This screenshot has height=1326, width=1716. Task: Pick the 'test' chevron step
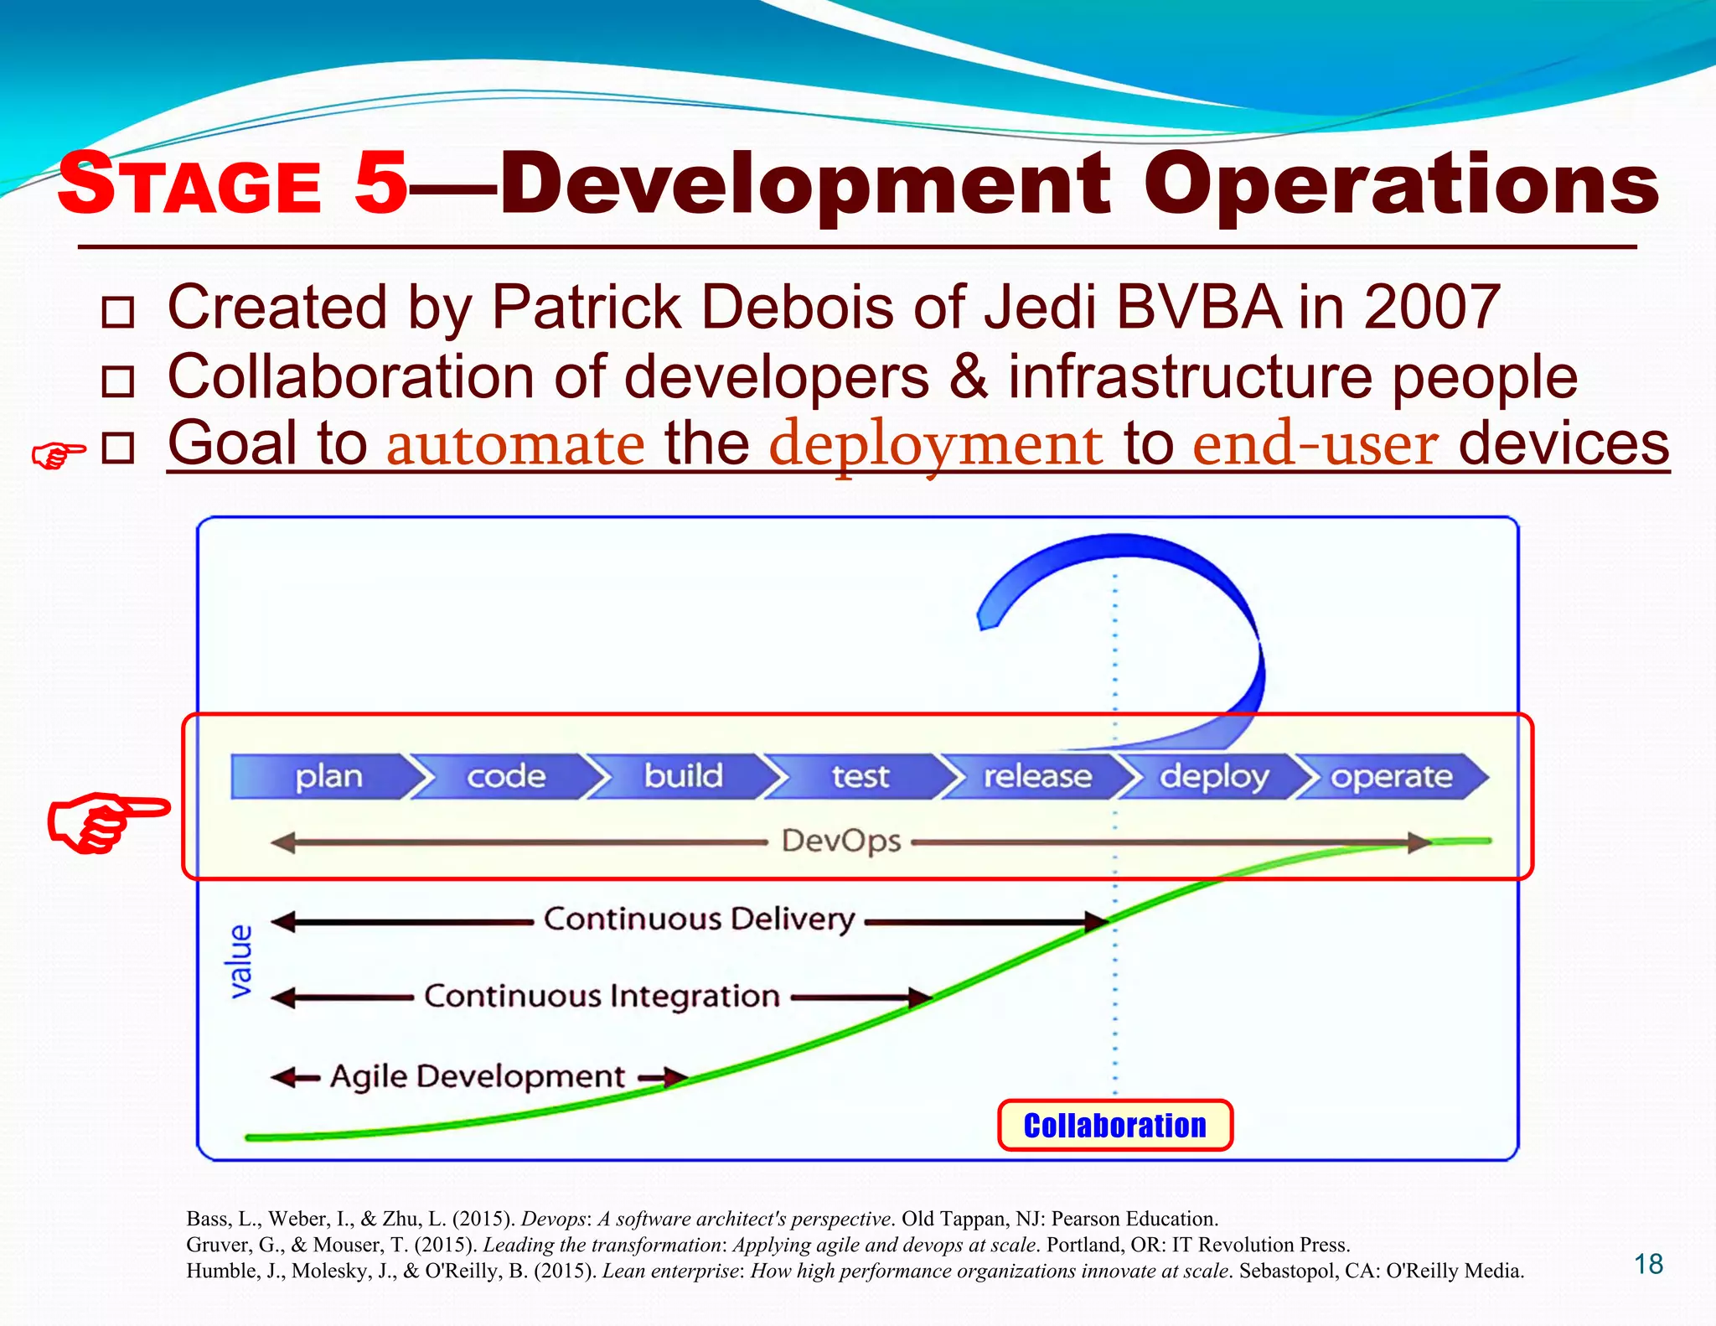[x=860, y=776]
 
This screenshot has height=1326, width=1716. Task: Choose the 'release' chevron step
[x=1036, y=776]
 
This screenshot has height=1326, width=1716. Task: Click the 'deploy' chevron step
[x=1213, y=776]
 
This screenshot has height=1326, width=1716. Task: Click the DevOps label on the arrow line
[x=840, y=841]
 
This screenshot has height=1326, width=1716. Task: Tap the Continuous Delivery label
[x=699, y=919]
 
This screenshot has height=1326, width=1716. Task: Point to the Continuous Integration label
[x=602, y=997]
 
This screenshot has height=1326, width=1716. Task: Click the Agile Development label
[x=478, y=1076]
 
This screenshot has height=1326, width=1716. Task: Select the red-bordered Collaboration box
[x=1114, y=1126]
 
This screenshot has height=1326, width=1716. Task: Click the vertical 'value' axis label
[x=240, y=961]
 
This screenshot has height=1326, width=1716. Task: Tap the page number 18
[x=1648, y=1264]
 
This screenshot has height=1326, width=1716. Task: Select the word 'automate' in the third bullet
[x=515, y=444]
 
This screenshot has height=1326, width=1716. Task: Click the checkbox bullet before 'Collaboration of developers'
[x=117, y=381]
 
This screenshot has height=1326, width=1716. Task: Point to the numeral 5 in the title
[x=380, y=183]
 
